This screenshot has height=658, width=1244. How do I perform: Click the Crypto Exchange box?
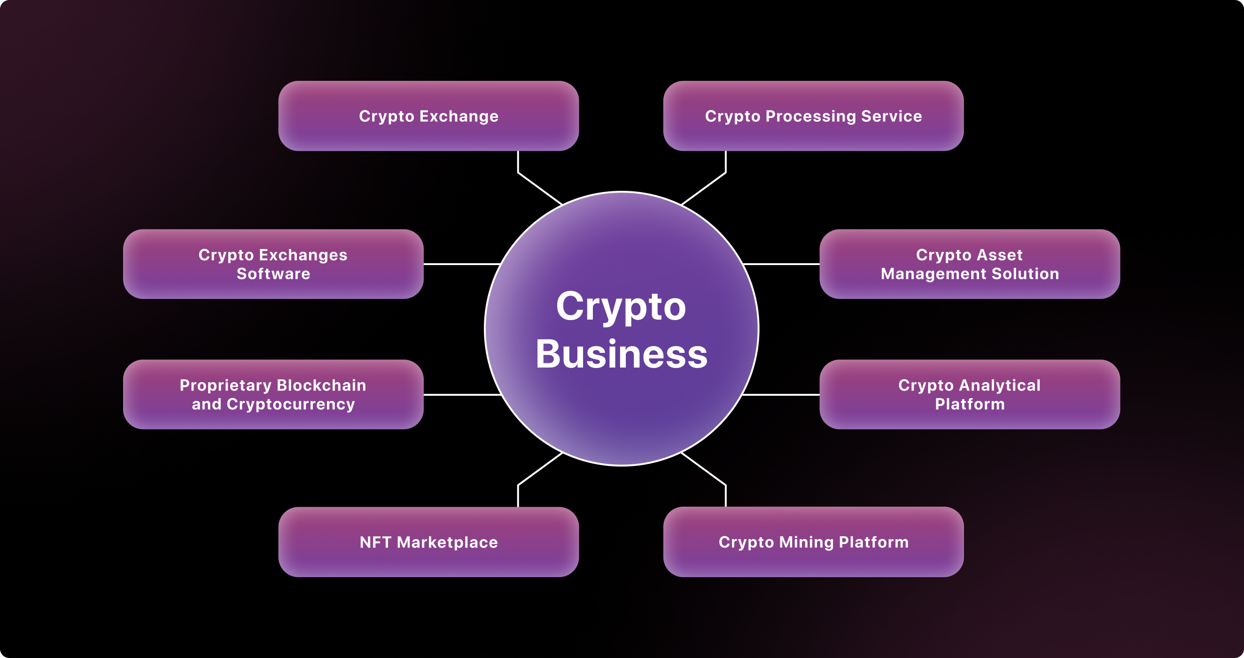[428, 116]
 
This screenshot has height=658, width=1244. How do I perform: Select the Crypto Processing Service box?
[813, 116]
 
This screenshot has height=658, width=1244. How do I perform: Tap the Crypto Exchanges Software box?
[273, 264]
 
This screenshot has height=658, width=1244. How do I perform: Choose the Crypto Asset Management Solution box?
[970, 264]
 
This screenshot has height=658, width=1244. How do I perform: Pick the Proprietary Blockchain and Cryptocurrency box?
[273, 394]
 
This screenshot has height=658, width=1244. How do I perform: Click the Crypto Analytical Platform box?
[970, 394]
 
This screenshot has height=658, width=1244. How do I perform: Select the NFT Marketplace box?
[428, 542]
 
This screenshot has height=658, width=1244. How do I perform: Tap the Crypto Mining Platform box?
[813, 542]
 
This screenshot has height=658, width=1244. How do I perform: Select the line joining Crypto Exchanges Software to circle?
[462, 264]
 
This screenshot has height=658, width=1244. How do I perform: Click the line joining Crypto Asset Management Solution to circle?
[781, 264]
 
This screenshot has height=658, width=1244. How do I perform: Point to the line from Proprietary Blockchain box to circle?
[463, 395]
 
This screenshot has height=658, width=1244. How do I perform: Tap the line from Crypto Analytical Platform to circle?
[780, 395]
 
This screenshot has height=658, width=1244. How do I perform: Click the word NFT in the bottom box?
[375, 542]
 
